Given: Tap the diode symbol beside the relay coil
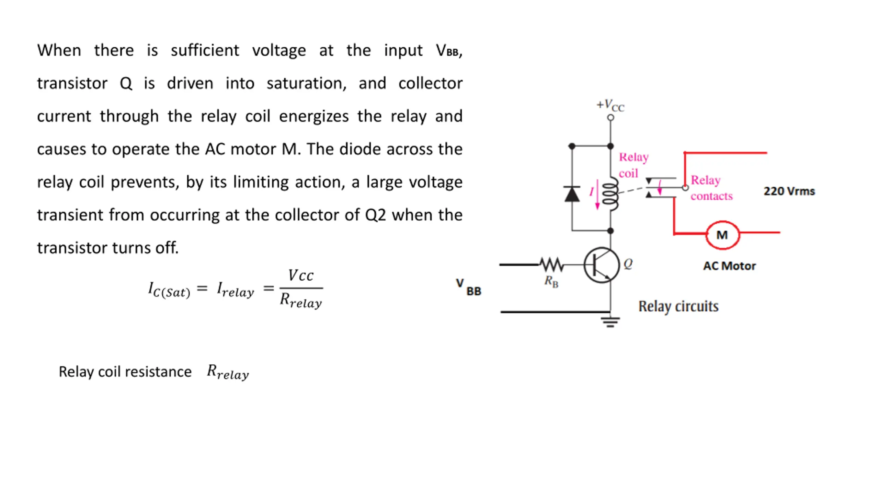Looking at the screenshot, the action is click(572, 194).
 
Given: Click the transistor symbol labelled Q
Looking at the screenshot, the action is click(602, 265).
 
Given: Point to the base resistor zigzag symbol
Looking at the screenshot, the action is click(551, 264).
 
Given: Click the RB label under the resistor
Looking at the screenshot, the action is click(551, 282).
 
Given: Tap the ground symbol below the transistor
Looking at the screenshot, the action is click(610, 322).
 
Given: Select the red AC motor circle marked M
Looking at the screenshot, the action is click(722, 235).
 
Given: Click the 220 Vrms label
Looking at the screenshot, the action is click(789, 191).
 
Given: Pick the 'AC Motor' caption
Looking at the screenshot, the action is click(729, 266).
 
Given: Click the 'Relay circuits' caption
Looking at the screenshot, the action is click(678, 306).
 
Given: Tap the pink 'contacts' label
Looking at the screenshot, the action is click(711, 196).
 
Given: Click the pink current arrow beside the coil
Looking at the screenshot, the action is click(597, 194).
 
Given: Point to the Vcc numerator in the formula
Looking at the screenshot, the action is click(301, 275).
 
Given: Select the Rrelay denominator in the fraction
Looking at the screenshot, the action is click(301, 301).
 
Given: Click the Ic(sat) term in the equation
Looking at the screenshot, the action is click(169, 290).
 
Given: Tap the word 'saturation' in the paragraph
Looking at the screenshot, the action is click(306, 83).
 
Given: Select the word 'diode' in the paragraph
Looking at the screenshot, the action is click(360, 149).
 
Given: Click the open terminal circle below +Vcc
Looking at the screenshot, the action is click(610, 118).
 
